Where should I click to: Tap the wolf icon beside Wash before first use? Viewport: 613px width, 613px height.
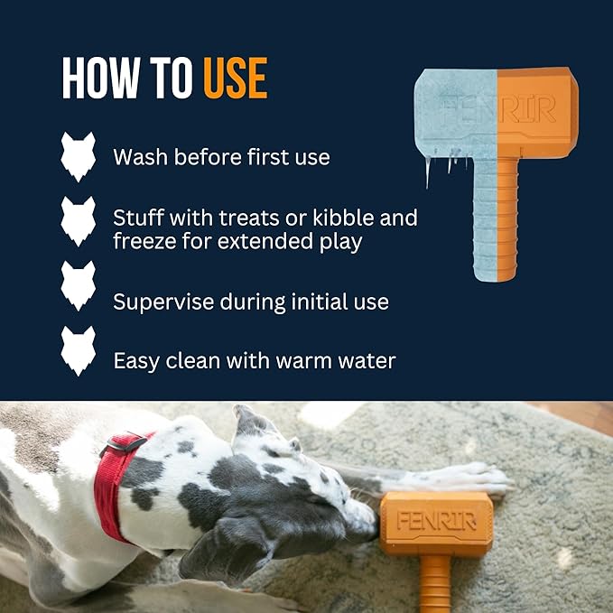point(78,157)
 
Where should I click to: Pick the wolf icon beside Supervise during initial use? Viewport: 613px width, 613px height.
point(78,288)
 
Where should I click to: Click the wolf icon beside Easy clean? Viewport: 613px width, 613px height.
point(78,351)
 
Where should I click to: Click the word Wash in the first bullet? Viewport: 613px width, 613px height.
point(140,157)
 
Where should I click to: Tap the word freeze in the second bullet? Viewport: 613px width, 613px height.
point(144,242)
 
